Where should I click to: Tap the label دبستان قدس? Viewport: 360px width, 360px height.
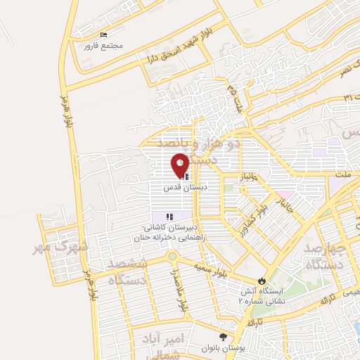[x=180, y=188]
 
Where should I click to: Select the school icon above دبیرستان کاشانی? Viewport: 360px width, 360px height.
[x=169, y=216]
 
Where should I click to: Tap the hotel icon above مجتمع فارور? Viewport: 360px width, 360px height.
[x=104, y=34]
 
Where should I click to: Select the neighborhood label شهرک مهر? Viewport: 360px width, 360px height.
[x=61, y=247]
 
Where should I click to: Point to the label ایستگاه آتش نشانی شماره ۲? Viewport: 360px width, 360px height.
[x=264, y=295]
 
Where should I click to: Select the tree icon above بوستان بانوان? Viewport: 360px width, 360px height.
[x=224, y=337]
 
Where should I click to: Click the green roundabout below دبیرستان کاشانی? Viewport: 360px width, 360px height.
[x=172, y=256]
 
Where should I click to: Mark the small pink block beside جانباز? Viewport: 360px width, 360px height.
[x=284, y=195]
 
